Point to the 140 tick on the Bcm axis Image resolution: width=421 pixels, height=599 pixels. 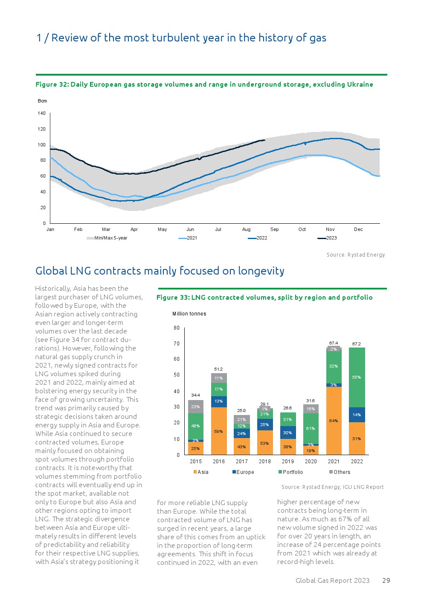coord(41,113)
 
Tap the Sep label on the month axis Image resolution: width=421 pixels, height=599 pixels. coord(274,229)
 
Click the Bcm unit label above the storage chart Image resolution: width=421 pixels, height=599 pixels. coord(42,101)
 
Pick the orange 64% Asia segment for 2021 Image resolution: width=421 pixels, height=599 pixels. coord(334,421)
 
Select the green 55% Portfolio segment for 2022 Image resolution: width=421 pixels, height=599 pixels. coord(357,377)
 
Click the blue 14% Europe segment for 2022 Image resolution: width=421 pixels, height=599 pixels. coord(357,415)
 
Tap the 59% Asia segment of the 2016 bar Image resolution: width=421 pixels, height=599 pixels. coord(218,431)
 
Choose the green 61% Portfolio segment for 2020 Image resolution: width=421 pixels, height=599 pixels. coord(311,428)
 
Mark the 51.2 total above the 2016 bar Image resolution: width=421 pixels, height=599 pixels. coord(218,369)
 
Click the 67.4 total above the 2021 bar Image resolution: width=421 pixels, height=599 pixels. coord(334,343)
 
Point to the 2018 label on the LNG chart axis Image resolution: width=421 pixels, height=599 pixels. coord(264,462)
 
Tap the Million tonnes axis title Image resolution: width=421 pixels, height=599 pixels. coord(189,314)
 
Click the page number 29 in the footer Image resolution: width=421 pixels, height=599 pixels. coord(386,580)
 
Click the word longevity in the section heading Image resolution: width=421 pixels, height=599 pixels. coord(261,271)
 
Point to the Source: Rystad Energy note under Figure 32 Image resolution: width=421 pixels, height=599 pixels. coord(355,255)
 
